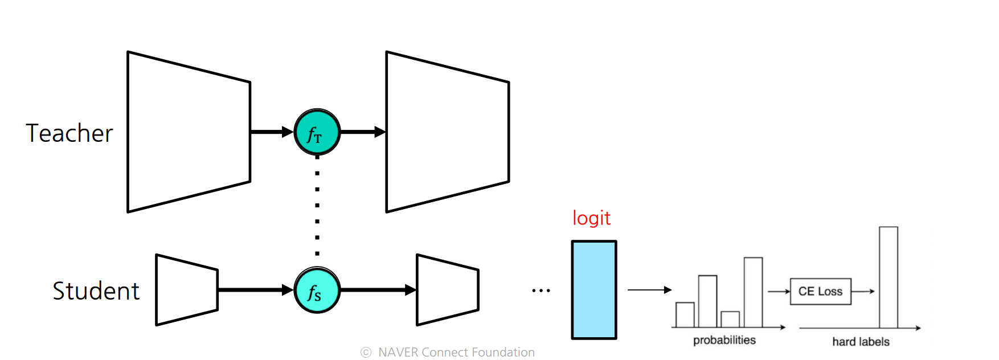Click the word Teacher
pos(69,133)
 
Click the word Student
pos(96,291)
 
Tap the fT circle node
pos(317,132)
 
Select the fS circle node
pos(317,291)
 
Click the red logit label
pos(591,218)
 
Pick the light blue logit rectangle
pos(594,290)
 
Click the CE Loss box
pos(820,292)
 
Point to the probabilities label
pos(724,340)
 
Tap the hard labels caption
pos(861,342)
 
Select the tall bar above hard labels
pos(888,277)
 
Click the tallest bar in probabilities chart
pos(753,292)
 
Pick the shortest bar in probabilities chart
pos(730,320)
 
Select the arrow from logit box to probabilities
pos(649,290)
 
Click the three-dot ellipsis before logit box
pos(541,291)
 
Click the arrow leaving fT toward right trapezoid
pos(362,132)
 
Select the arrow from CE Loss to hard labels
pos(863,292)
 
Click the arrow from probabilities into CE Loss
pos(779,292)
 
